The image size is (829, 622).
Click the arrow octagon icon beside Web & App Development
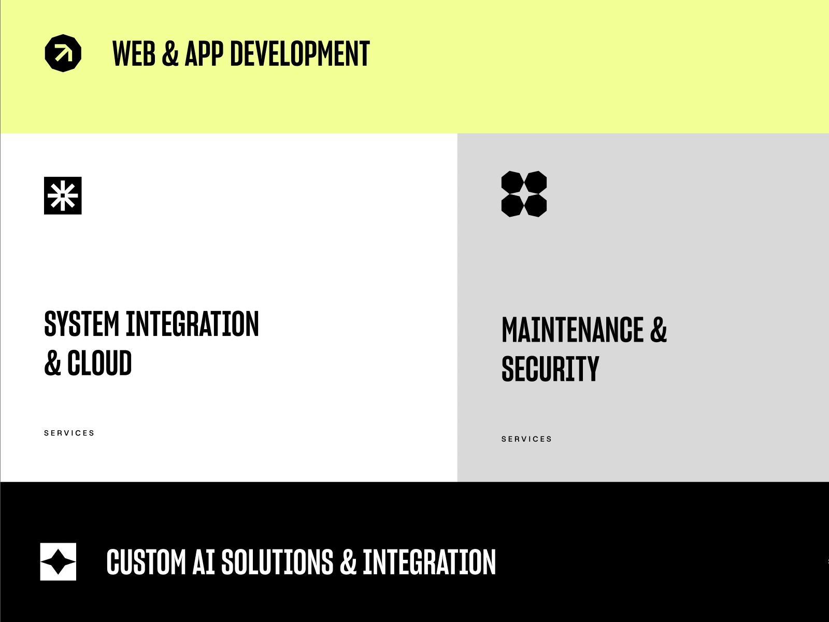(63, 53)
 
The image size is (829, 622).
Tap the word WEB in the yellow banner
(134, 54)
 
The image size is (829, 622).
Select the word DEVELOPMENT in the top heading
(299, 54)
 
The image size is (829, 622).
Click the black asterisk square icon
(63, 195)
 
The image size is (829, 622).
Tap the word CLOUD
(99, 363)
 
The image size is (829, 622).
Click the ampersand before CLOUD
(52, 363)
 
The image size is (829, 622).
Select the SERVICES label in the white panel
(69, 433)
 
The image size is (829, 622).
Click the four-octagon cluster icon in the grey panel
(524, 194)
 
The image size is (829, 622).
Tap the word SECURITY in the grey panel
(550, 370)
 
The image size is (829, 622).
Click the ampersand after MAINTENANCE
(658, 330)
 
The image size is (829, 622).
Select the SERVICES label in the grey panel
(526, 439)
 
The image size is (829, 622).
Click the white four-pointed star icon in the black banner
(58, 561)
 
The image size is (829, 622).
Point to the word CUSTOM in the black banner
(146, 562)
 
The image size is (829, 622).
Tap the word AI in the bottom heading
(203, 562)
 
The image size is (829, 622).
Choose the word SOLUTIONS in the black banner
(277, 562)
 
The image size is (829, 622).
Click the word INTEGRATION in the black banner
(429, 562)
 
